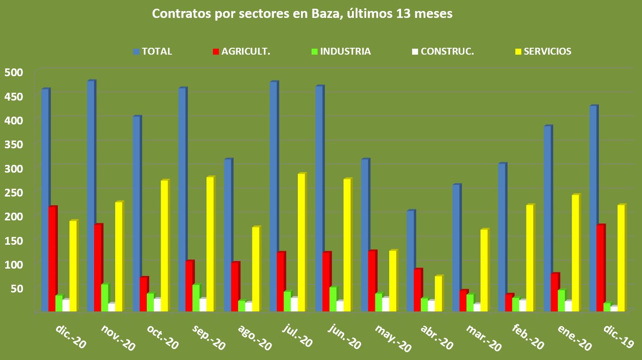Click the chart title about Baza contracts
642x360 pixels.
click(x=302, y=14)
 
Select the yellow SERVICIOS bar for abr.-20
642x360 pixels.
click(x=438, y=293)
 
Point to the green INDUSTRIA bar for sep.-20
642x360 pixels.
click(x=196, y=298)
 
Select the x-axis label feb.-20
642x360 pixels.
click(x=528, y=339)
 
